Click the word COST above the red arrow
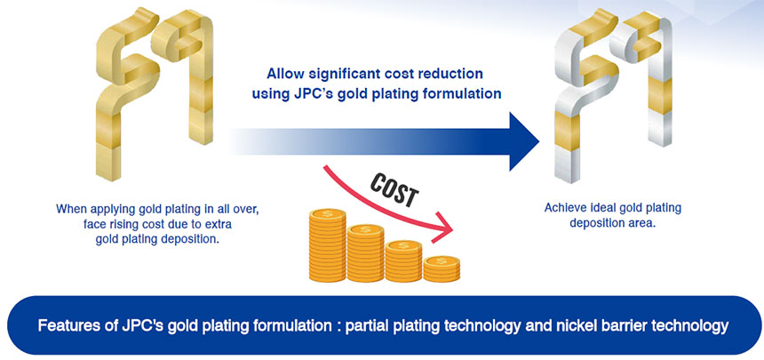pyautogui.click(x=394, y=189)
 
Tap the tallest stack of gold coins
pyautogui.click(x=328, y=244)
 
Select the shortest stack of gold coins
pyautogui.click(x=442, y=269)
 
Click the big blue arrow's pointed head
pyautogui.click(x=524, y=141)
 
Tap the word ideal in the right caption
pyautogui.click(x=604, y=208)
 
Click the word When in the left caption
pyautogui.click(x=72, y=209)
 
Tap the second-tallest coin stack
pyautogui.click(x=365, y=252)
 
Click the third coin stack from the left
pyautogui.click(x=403, y=261)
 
